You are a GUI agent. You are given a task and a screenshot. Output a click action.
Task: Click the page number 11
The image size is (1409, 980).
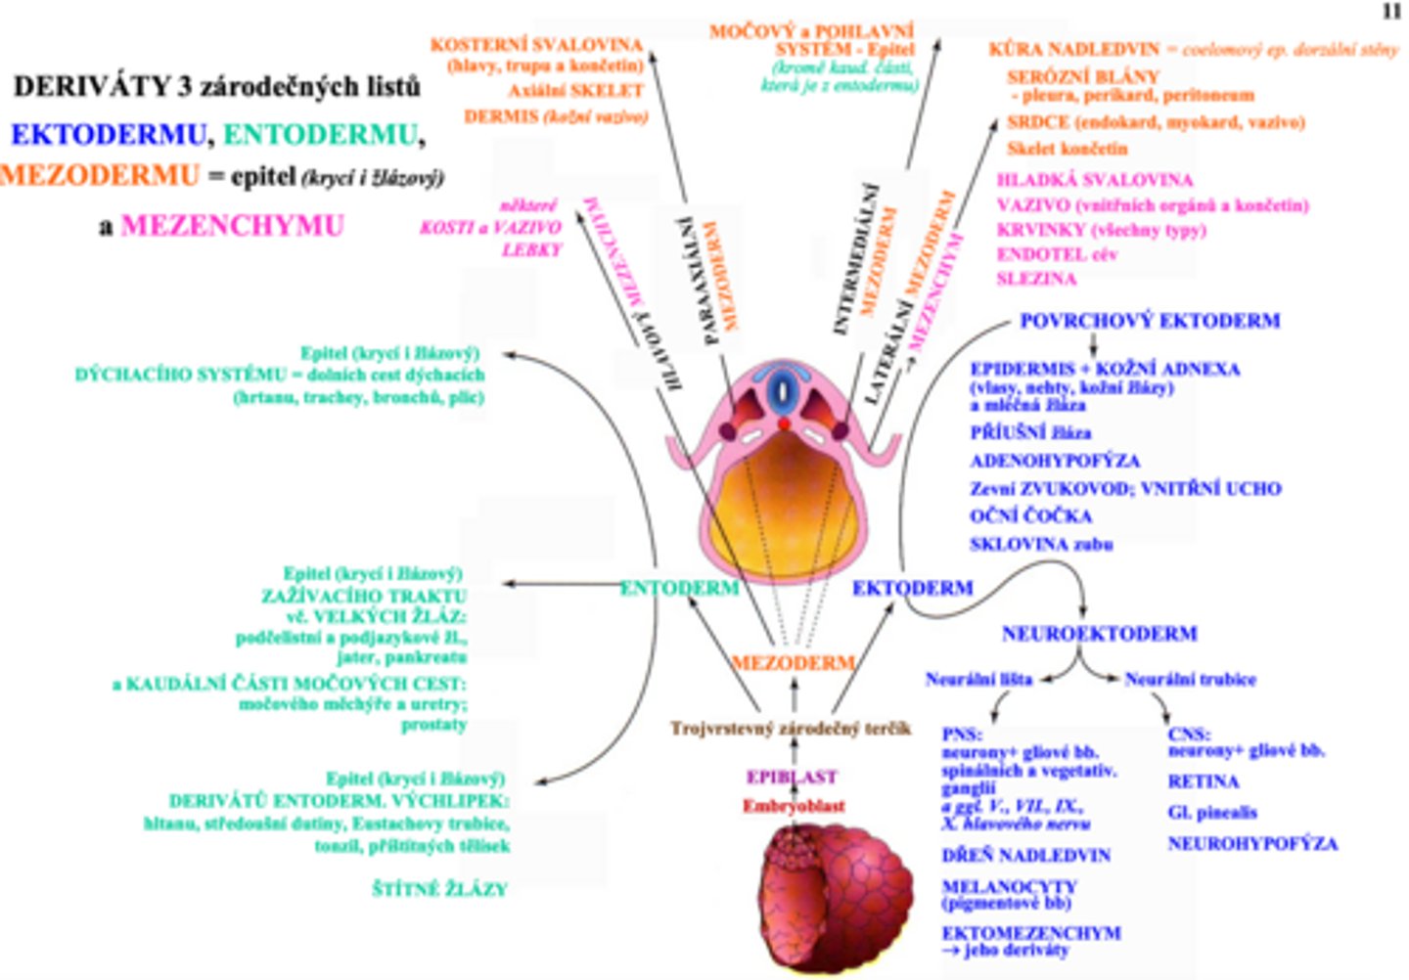pyautogui.click(x=1391, y=12)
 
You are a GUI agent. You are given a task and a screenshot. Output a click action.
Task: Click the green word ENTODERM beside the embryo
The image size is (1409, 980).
pyautogui.click(x=679, y=588)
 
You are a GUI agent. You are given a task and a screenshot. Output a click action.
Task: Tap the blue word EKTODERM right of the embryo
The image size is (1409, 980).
pyautogui.click(x=912, y=588)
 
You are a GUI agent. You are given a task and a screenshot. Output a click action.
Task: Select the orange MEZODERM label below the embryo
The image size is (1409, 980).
pyautogui.click(x=793, y=662)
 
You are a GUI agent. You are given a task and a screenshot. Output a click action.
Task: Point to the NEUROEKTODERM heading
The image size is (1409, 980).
pyautogui.click(x=1099, y=634)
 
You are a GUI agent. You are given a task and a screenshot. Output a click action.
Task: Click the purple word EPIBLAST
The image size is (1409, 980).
pyautogui.click(x=792, y=778)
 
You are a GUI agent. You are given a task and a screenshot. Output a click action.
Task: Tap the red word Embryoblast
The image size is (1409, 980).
pyautogui.click(x=793, y=806)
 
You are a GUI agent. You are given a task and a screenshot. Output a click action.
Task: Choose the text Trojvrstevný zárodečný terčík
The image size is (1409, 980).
pyautogui.click(x=790, y=729)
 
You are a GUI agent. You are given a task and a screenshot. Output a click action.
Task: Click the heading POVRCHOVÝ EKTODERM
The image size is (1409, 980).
pyautogui.click(x=1149, y=321)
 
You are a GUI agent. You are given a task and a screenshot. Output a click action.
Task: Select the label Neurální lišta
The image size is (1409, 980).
pyautogui.click(x=977, y=679)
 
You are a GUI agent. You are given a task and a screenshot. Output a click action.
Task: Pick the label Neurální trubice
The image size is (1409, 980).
pyautogui.click(x=1190, y=679)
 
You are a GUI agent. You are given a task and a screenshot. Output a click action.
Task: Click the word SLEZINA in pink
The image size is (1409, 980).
pyautogui.click(x=1035, y=279)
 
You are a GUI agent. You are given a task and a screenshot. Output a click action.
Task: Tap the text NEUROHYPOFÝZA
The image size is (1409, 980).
pyautogui.click(x=1251, y=843)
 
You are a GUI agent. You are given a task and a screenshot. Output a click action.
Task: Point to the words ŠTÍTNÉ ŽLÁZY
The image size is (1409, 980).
pyautogui.click(x=439, y=889)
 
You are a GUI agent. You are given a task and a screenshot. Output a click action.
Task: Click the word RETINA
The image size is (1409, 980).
pyautogui.click(x=1203, y=781)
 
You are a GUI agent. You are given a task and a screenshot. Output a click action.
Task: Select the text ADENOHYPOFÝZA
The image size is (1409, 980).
pyautogui.click(x=1054, y=461)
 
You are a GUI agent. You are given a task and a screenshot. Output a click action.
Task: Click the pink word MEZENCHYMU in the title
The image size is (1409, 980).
pyautogui.click(x=232, y=226)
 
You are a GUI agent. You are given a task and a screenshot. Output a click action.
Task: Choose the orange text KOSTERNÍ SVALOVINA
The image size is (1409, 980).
pyautogui.click(x=536, y=45)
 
